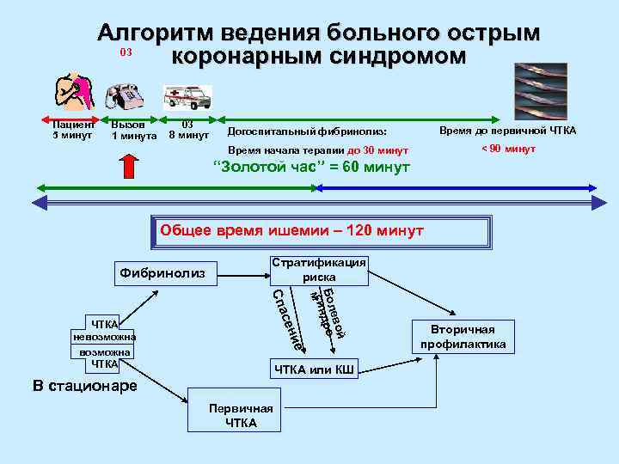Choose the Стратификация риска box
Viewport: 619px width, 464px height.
(318, 270)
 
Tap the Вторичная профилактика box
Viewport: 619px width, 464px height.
(463, 336)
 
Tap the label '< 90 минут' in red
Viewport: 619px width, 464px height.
(508, 149)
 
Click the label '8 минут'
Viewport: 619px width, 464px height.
(188, 135)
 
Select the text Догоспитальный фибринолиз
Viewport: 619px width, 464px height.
(306, 131)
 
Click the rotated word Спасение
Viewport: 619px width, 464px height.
(287, 321)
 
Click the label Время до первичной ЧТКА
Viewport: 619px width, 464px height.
(508, 131)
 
